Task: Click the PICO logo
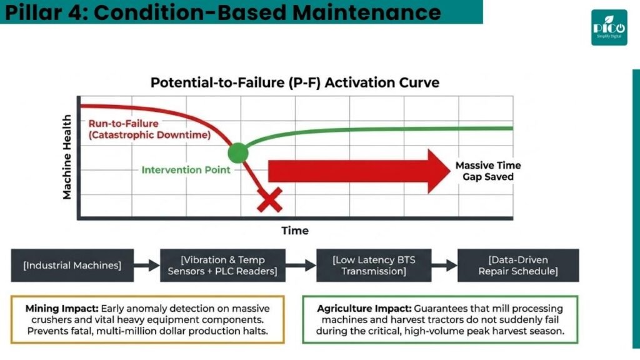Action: coord(609,27)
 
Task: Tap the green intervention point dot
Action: coord(238,153)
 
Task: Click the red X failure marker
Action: coord(270,200)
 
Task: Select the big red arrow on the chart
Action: coord(359,171)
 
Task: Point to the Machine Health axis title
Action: coord(66,157)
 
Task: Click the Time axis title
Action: coord(295,231)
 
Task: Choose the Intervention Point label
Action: coord(186,170)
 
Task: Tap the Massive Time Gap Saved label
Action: coord(488,171)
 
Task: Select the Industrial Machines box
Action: coord(72,265)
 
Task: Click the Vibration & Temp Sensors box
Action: coord(222,265)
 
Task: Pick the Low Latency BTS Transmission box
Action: coord(374,265)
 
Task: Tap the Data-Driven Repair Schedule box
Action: coord(518,265)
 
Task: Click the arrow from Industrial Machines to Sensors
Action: coord(147,265)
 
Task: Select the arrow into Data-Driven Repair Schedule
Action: coord(444,265)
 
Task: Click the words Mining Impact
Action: coord(62,309)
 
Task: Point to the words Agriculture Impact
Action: coord(364,309)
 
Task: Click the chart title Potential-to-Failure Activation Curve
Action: coord(295,82)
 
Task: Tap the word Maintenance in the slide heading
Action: coord(366,12)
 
